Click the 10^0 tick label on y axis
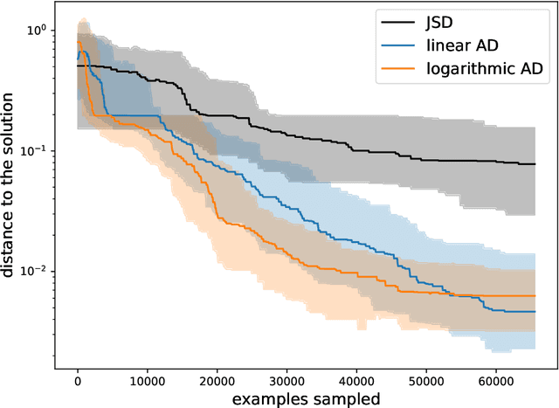pos(38,30)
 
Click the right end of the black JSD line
pos(535,164)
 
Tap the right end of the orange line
pos(535,296)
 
